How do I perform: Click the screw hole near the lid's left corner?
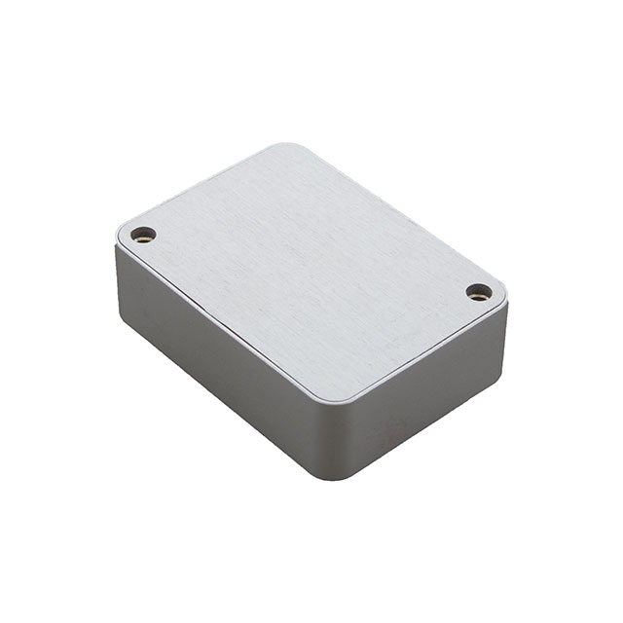143,234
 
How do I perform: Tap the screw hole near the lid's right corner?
478,291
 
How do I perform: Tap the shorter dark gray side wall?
428,399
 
